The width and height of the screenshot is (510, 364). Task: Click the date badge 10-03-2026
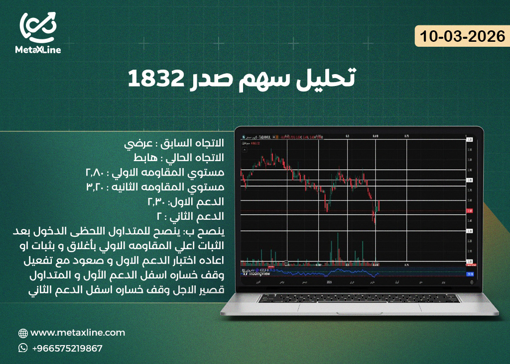click(x=462, y=37)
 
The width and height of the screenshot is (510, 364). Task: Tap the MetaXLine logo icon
click(x=38, y=27)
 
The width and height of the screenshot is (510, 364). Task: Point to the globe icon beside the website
click(x=23, y=333)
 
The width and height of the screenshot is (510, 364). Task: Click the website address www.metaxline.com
click(x=78, y=333)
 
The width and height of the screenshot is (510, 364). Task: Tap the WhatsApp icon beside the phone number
click(x=23, y=348)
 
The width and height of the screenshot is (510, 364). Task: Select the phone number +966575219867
click(x=67, y=349)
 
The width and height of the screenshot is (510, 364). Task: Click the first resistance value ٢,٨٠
click(x=96, y=173)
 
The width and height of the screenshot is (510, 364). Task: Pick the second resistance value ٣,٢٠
click(x=96, y=187)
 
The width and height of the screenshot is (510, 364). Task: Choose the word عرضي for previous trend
click(x=135, y=144)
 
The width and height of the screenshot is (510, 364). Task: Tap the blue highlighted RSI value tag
click(x=469, y=274)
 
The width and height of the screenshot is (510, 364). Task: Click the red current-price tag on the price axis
click(x=469, y=211)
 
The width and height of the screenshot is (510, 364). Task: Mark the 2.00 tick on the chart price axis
click(x=469, y=262)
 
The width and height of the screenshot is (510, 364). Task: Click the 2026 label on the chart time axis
click(x=329, y=282)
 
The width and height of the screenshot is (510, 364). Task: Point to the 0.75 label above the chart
click(x=406, y=136)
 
